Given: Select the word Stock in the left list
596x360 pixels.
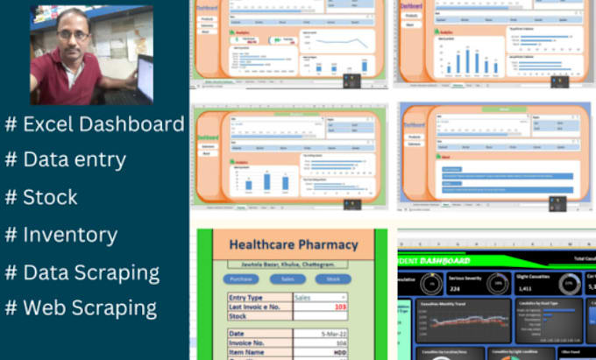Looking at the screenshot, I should tap(51, 197).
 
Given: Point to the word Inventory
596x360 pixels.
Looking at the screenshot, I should tap(70, 235).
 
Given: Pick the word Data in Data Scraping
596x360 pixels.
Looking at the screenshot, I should tap(45, 272).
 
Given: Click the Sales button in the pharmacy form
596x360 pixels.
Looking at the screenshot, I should tap(287, 279).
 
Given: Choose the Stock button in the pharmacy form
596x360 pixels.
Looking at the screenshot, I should tap(332, 279).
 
